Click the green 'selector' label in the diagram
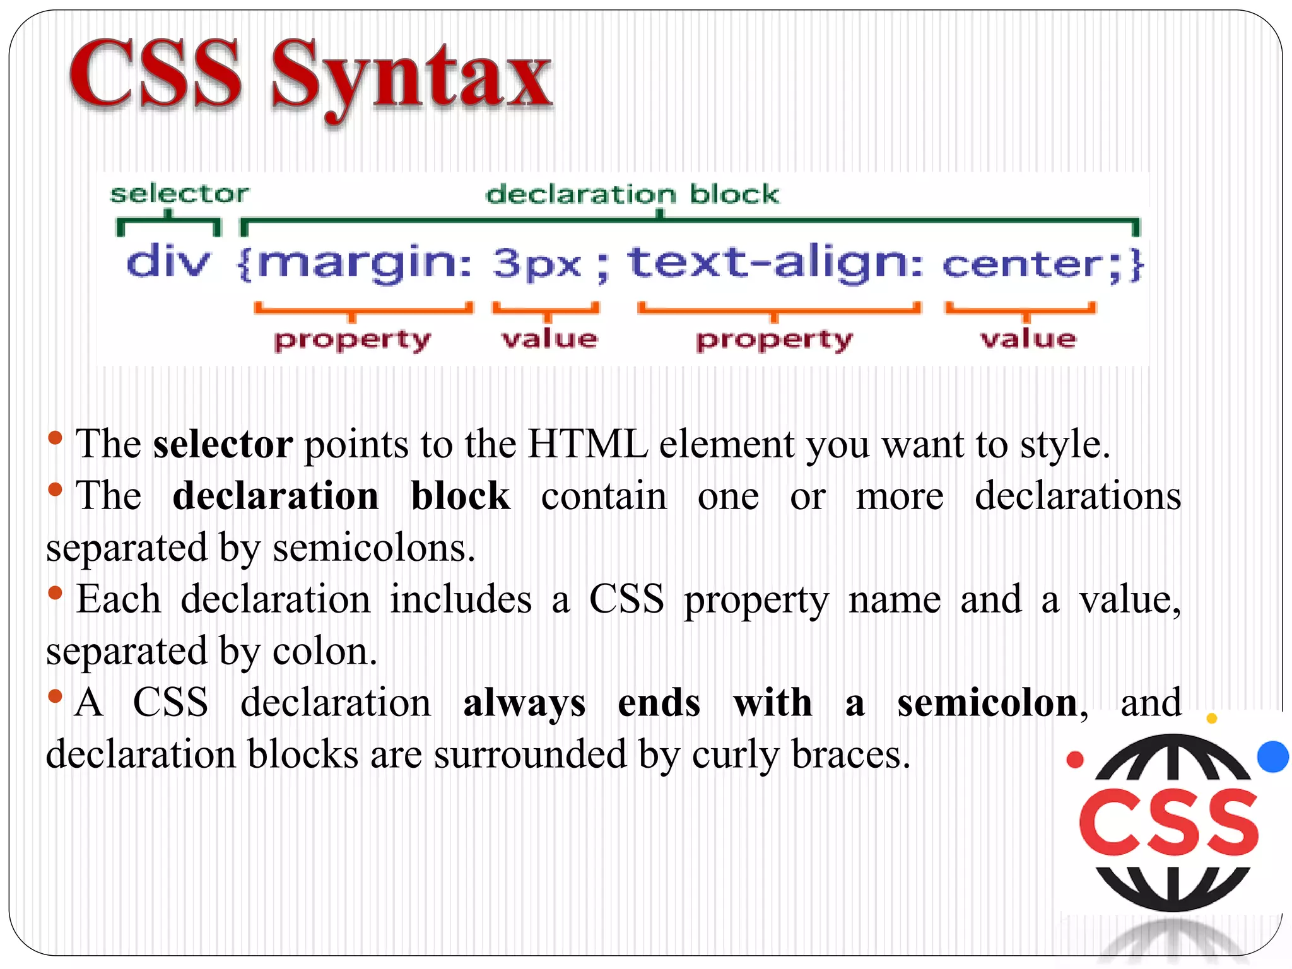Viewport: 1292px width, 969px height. [179, 194]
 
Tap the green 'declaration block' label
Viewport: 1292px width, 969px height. [632, 194]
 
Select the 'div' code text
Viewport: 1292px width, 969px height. [168, 262]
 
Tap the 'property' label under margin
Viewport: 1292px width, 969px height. [352, 341]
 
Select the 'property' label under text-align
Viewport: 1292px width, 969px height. [774, 341]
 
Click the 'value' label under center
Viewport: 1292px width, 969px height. [1028, 339]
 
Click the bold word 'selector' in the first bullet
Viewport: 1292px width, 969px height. [223, 445]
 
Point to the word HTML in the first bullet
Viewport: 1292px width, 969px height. [587, 445]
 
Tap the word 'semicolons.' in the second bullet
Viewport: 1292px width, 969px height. [373, 548]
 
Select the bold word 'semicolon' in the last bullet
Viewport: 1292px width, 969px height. [987, 703]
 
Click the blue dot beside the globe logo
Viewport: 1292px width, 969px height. [1272, 756]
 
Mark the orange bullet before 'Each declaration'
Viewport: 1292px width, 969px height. [56, 592]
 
